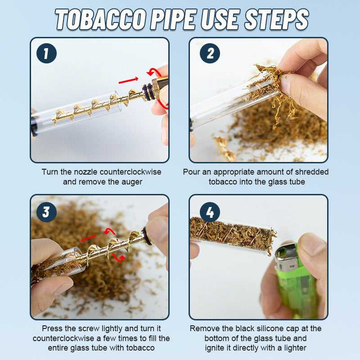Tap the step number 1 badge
pyautogui.click(x=46, y=54)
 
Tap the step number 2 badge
pyautogui.click(x=210, y=54)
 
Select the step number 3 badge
pyautogui.click(x=46, y=211)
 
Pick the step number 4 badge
pyautogui.click(x=210, y=211)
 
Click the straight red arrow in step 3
pyautogui.click(x=89, y=238)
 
